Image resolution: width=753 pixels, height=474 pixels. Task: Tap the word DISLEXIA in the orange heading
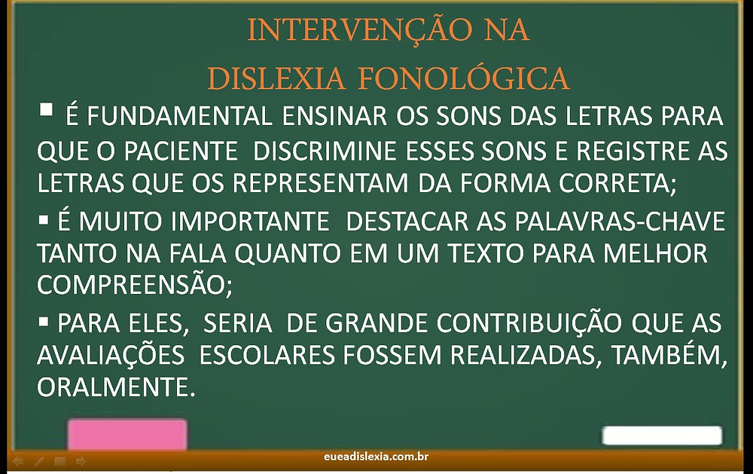pyautogui.click(x=276, y=78)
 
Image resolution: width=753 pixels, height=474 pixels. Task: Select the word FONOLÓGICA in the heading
pyautogui.click(x=464, y=77)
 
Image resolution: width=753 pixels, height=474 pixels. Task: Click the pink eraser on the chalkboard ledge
pyautogui.click(x=127, y=435)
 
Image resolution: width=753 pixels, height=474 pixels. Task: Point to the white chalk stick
pyautogui.click(x=662, y=436)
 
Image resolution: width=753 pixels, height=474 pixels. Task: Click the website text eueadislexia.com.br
pyautogui.click(x=376, y=457)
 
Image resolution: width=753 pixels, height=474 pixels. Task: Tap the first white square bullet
pyautogui.click(x=46, y=109)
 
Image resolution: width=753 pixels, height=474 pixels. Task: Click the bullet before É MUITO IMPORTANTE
pyautogui.click(x=44, y=221)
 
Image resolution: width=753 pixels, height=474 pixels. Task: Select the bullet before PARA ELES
pyautogui.click(x=44, y=322)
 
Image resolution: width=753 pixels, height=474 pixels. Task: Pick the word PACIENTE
pyautogui.click(x=181, y=151)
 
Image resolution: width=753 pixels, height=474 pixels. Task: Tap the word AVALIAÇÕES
pyautogui.click(x=111, y=355)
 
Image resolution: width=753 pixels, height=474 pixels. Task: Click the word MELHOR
pyautogui.click(x=655, y=253)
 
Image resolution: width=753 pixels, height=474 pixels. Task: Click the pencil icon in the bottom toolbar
pyautogui.click(x=39, y=462)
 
